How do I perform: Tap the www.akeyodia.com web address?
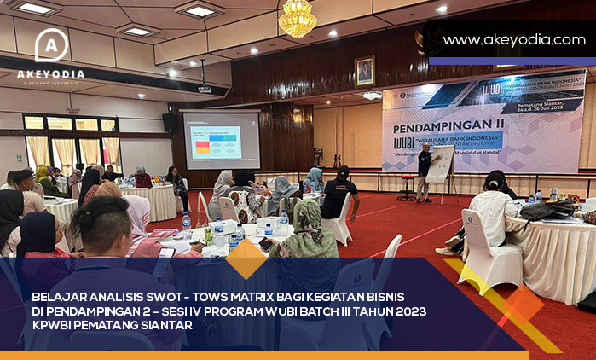[x=514, y=39]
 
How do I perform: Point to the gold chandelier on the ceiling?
[x=298, y=18]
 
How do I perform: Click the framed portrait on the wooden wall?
[x=365, y=71]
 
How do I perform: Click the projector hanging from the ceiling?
[x=205, y=88]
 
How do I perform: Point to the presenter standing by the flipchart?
[x=424, y=170]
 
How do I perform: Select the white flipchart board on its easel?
[x=440, y=165]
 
